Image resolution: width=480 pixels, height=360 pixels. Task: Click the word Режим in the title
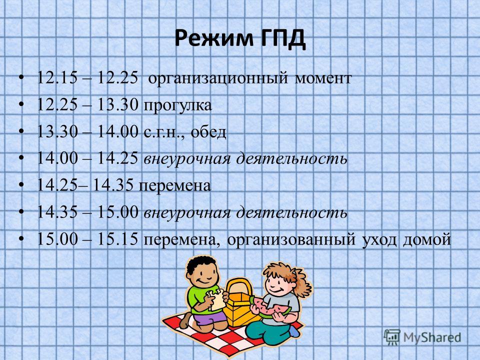point(214,38)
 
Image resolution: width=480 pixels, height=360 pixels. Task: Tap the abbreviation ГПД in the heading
point(283,39)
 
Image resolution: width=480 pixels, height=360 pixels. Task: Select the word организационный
point(218,78)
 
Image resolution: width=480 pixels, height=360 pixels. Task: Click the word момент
point(323,78)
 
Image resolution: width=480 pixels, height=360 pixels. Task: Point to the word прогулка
point(178,106)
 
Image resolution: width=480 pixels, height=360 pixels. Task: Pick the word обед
point(208,131)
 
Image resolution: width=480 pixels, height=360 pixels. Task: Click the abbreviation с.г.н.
point(163,132)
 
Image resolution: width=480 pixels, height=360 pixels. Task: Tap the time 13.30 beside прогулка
point(118,104)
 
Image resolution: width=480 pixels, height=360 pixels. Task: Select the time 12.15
point(57,78)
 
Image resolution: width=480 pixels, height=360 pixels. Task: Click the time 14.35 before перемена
point(113,185)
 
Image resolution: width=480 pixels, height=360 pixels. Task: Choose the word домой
point(426,239)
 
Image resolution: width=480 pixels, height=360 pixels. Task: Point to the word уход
point(379,240)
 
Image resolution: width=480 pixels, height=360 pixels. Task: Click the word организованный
point(291,240)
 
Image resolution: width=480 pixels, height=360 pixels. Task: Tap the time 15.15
point(118,239)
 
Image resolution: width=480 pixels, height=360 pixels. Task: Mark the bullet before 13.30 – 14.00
point(21,131)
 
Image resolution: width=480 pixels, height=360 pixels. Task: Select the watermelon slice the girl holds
point(269,307)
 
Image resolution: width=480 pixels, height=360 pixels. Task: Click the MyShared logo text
point(432,337)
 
